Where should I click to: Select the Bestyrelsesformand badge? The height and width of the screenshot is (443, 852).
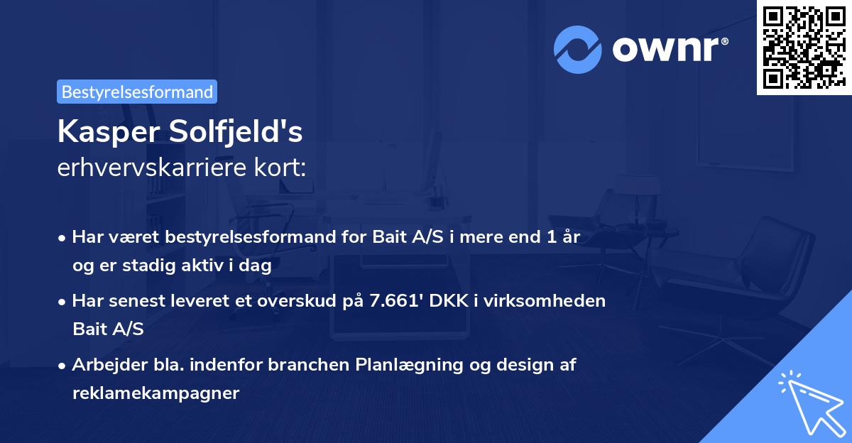137,92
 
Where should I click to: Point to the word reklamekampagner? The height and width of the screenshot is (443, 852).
155,393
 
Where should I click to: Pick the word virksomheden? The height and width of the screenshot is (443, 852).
562,300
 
